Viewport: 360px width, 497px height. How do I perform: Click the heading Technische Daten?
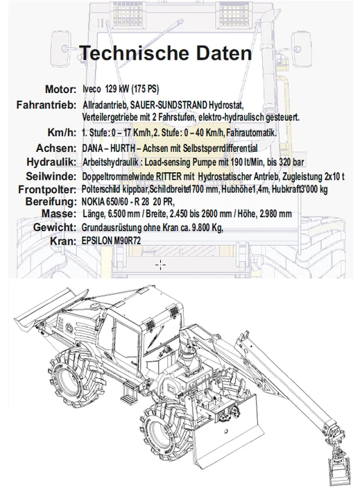point(166,53)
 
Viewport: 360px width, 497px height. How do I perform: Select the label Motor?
point(61,90)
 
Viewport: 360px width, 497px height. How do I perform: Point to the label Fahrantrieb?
point(46,105)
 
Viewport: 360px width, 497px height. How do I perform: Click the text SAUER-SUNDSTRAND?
point(169,105)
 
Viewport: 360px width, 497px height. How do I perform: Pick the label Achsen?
point(56,148)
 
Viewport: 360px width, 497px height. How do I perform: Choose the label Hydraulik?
point(51,162)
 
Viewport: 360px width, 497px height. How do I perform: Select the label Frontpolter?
point(47,189)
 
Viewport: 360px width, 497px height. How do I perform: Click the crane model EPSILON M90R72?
point(111,241)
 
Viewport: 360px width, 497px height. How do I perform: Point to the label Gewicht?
point(55,227)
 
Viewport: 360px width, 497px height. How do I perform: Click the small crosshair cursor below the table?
point(160,264)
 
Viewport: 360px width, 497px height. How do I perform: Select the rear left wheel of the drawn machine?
point(74,376)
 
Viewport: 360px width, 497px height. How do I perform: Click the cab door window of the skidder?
point(124,338)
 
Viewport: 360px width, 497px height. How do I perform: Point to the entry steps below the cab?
point(129,392)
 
